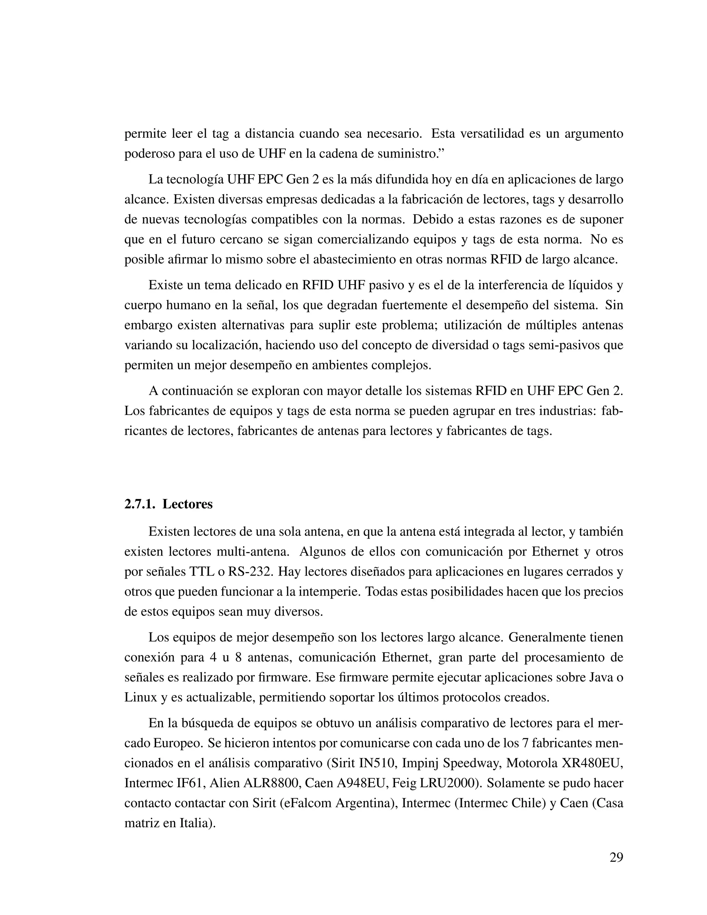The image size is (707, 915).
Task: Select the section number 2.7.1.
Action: tap(139, 504)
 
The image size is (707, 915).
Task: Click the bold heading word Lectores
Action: tap(188, 504)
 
